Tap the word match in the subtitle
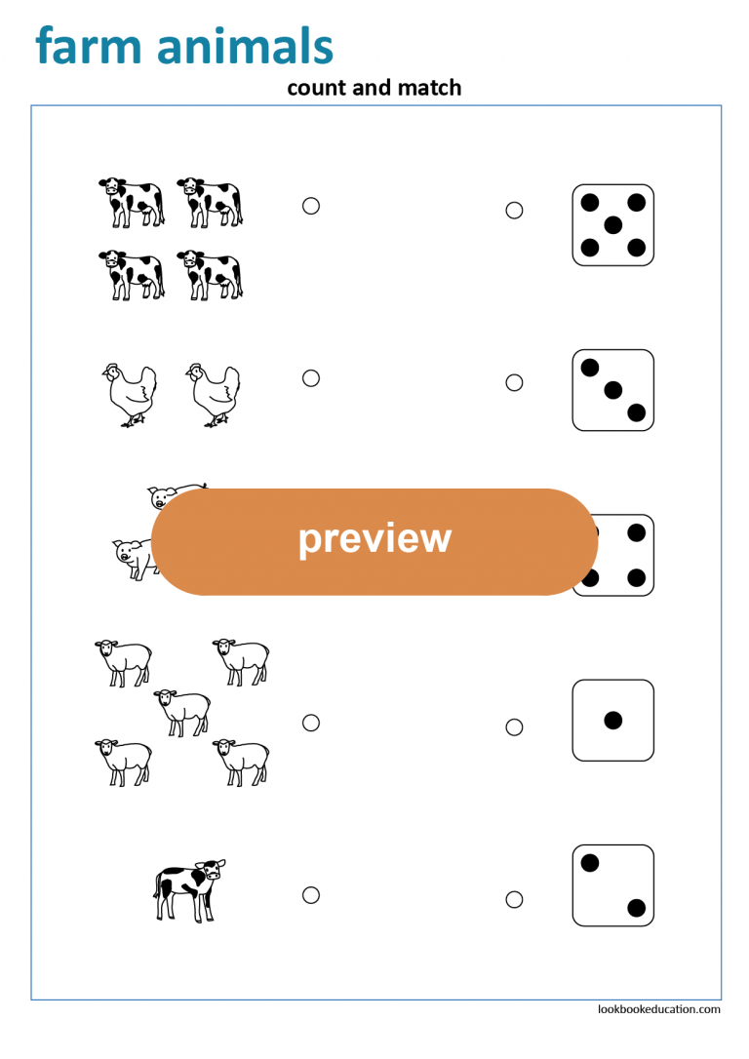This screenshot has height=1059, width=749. [428, 88]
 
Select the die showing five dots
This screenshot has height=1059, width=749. [612, 225]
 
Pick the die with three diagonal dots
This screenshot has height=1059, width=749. [612, 390]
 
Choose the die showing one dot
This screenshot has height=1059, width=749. [612, 721]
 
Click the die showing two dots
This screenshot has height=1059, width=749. [612, 885]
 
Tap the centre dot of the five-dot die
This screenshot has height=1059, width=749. [612, 225]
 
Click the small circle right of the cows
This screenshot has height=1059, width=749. [311, 206]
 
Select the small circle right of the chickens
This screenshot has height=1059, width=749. [311, 378]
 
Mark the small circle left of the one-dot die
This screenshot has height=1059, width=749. [514, 726]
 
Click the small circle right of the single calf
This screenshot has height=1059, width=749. [311, 894]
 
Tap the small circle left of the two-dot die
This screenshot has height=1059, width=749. [514, 899]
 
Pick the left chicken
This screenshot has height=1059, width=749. [130, 394]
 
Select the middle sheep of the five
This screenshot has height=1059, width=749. [182, 711]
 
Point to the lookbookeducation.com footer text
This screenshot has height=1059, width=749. [659, 1009]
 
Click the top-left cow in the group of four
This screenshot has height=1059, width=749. [131, 201]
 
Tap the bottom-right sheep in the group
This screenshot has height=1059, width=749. [241, 762]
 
